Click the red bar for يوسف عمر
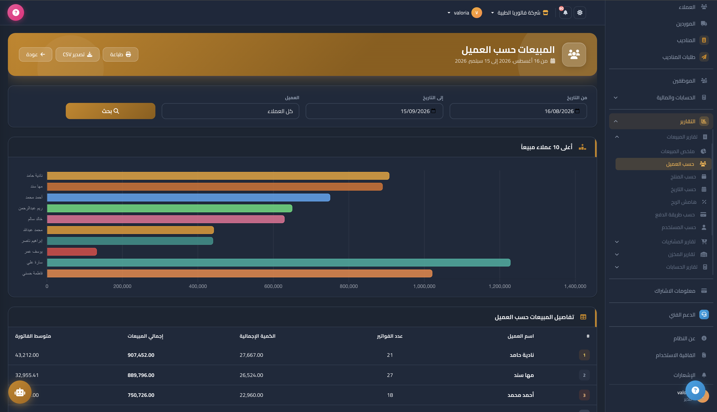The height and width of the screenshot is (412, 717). tap(72, 252)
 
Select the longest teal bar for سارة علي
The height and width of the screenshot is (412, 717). tap(279, 263)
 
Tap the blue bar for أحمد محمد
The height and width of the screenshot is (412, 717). tap(188, 197)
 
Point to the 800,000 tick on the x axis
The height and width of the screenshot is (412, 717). tap(349, 286)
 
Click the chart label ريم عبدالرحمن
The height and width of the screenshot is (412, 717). tap(30, 208)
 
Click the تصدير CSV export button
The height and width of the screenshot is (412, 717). tap(78, 54)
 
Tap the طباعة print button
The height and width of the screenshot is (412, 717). tap(120, 54)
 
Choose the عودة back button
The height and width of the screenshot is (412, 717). tap(35, 54)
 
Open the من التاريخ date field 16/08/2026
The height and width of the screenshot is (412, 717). tap(518, 111)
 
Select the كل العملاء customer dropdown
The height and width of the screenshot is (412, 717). tap(230, 111)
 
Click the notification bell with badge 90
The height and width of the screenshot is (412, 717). tap(565, 12)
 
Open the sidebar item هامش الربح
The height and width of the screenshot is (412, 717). tap(684, 202)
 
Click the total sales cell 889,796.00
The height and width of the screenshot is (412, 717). tap(141, 375)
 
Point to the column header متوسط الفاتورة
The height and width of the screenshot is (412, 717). tap(33, 336)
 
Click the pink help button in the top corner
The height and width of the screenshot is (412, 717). tap(16, 12)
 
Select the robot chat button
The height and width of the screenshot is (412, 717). tap(20, 392)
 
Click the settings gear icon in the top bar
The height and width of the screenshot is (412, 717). tap(580, 12)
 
